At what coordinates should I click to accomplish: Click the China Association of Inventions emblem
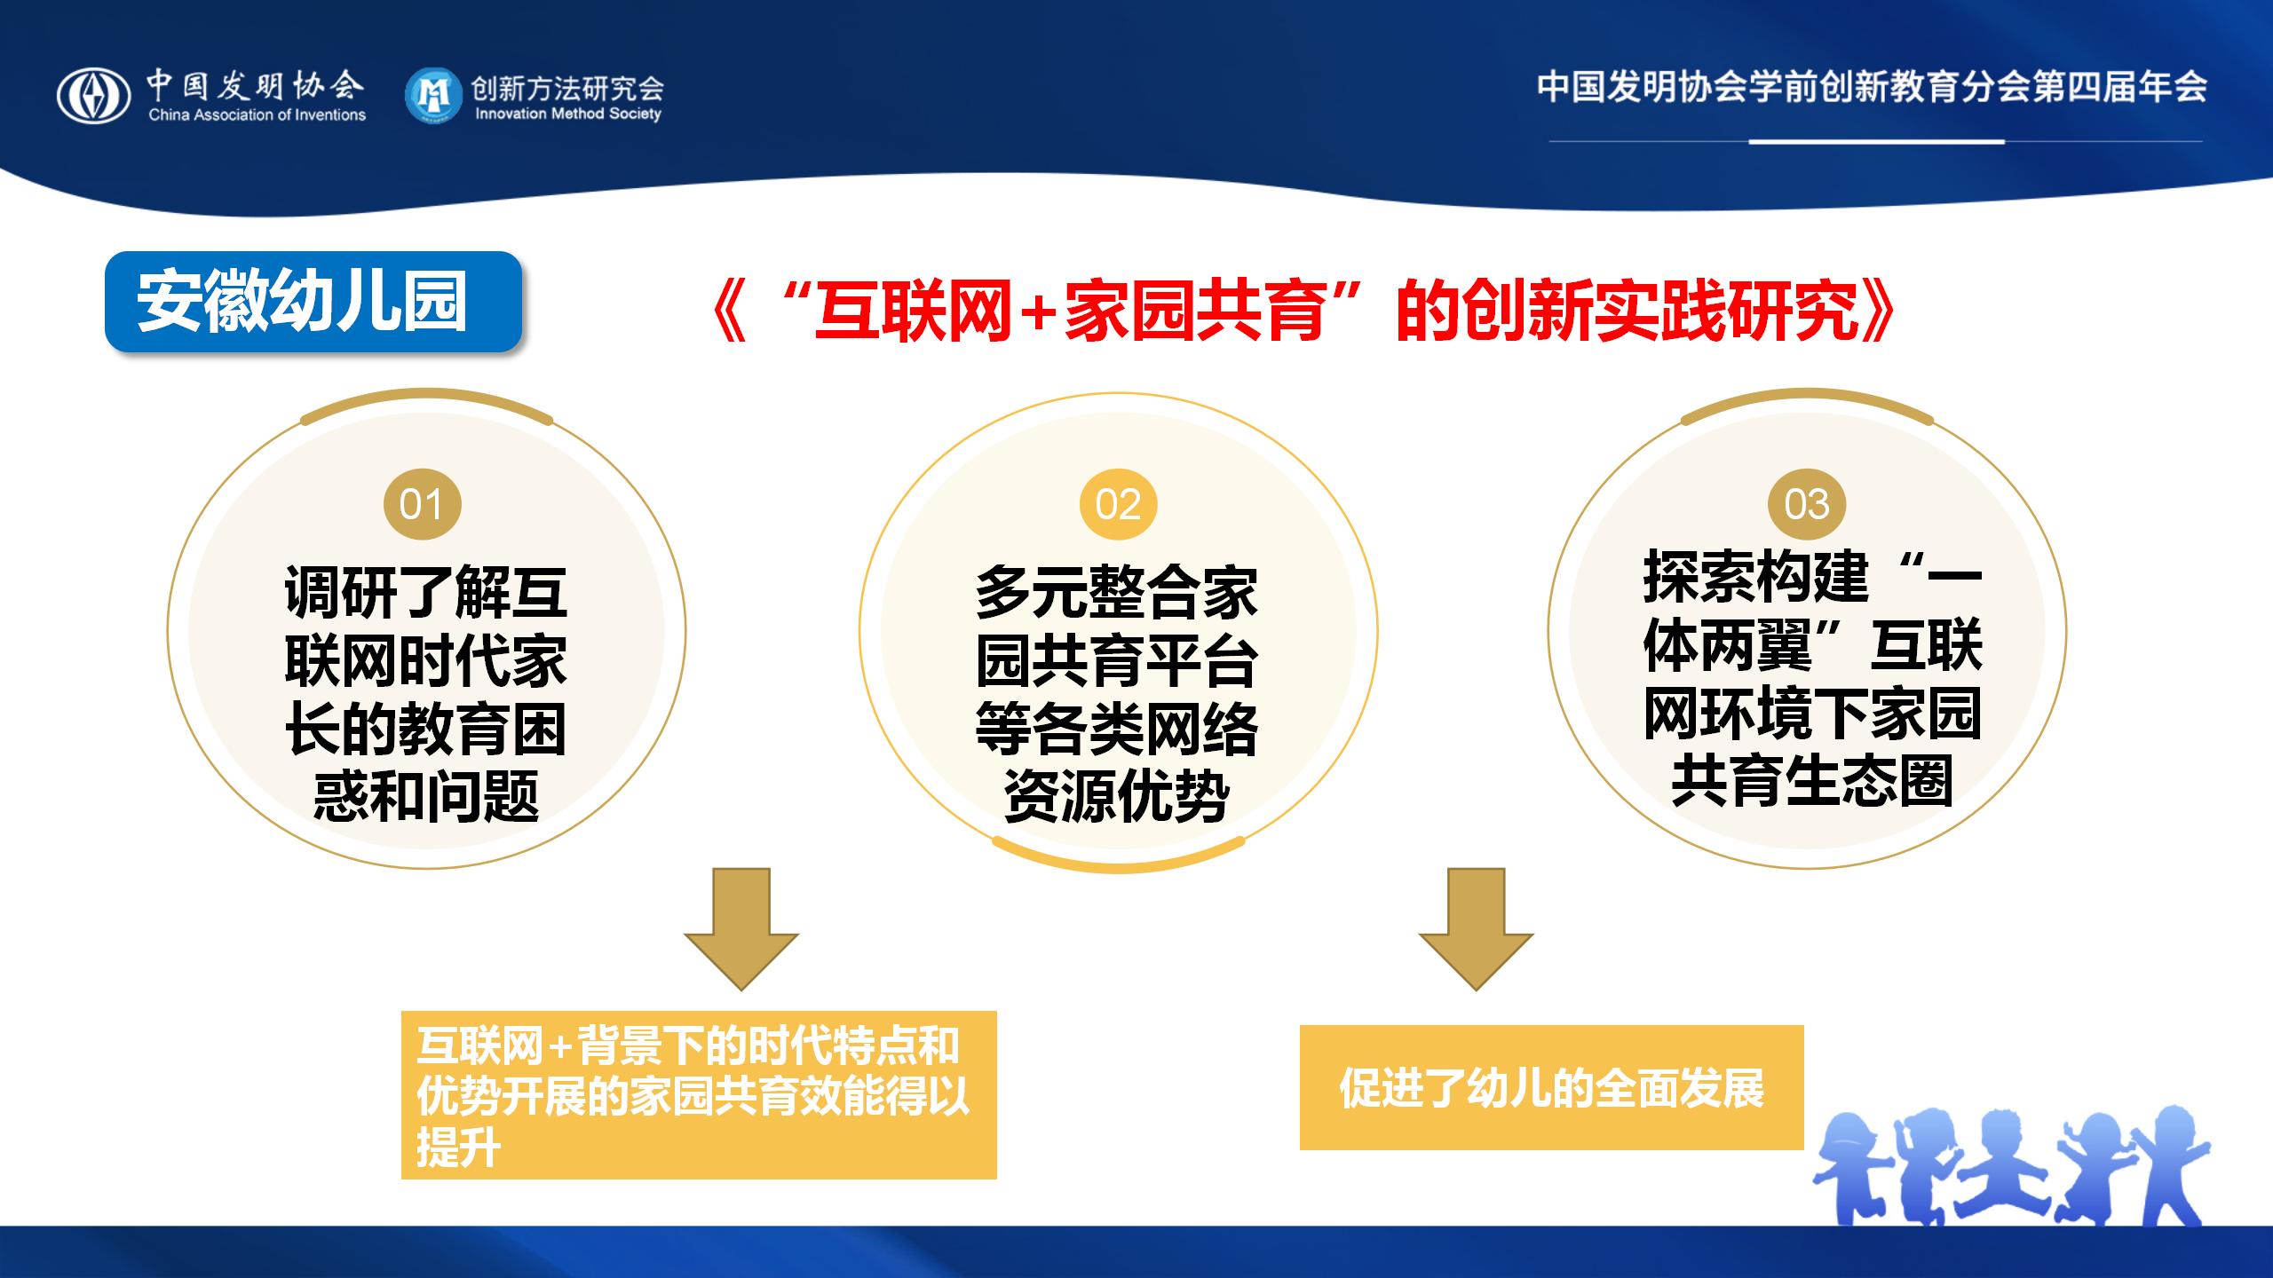[x=94, y=96]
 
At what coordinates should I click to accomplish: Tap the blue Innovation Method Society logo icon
[x=434, y=95]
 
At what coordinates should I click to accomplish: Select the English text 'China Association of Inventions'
[x=257, y=114]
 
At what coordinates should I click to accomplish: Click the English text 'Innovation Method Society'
[x=568, y=114]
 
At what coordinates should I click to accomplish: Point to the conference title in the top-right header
[x=1872, y=87]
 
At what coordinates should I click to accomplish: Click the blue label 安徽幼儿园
[x=313, y=302]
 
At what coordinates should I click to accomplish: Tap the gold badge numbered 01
[x=422, y=504]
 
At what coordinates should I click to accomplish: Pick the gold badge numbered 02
[x=1118, y=504]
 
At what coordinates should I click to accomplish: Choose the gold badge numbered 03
[x=1807, y=504]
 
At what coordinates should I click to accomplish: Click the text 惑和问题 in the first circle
[x=426, y=795]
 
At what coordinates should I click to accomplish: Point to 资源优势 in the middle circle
[x=1117, y=795]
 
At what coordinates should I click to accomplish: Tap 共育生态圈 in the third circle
[x=1812, y=781]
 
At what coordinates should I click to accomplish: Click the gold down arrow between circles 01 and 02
[x=741, y=928]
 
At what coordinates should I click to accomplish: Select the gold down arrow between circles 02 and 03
[x=1476, y=928]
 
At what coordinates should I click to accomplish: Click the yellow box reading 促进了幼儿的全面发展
[x=1552, y=1087]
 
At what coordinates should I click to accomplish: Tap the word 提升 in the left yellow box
[x=458, y=1148]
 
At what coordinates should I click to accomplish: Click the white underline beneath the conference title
[x=1876, y=141]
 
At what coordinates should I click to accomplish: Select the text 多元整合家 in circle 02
[x=1117, y=593]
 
